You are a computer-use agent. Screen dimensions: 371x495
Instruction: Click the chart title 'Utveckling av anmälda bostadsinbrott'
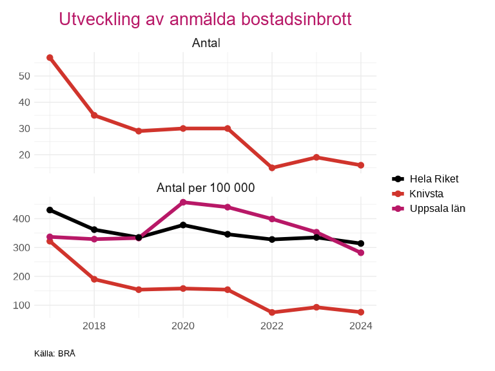point(205,19)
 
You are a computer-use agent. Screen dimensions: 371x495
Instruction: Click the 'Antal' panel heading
point(206,43)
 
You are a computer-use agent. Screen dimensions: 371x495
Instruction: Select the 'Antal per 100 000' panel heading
point(206,188)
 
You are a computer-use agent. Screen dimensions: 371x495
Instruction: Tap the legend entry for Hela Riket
point(434,179)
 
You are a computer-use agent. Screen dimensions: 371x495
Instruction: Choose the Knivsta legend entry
point(426,193)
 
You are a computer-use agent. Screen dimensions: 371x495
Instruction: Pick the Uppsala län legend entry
point(437,208)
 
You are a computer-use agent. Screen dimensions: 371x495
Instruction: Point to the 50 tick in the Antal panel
point(24,75)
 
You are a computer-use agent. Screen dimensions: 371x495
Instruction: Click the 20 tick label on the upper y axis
point(24,155)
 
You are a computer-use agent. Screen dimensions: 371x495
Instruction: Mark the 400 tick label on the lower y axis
point(22,219)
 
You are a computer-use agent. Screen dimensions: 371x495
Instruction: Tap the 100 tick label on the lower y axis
point(22,305)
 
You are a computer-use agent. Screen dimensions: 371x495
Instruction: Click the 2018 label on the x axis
point(94,326)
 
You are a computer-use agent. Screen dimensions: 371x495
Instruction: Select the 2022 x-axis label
point(272,326)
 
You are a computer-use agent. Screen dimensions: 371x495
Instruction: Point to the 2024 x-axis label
point(361,326)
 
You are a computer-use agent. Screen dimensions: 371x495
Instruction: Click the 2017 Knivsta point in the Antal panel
point(50,58)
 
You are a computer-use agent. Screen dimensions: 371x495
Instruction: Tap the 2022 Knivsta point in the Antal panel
point(272,167)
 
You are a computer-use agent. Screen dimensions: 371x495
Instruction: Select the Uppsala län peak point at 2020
point(183,202)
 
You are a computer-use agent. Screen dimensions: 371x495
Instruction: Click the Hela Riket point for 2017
point(50,210)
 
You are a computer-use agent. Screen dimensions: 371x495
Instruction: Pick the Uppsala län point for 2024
point(361,252)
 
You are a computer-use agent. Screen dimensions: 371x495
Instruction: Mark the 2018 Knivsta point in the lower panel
point(94,280)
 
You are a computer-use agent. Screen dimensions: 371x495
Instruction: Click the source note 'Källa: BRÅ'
point(55,354)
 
